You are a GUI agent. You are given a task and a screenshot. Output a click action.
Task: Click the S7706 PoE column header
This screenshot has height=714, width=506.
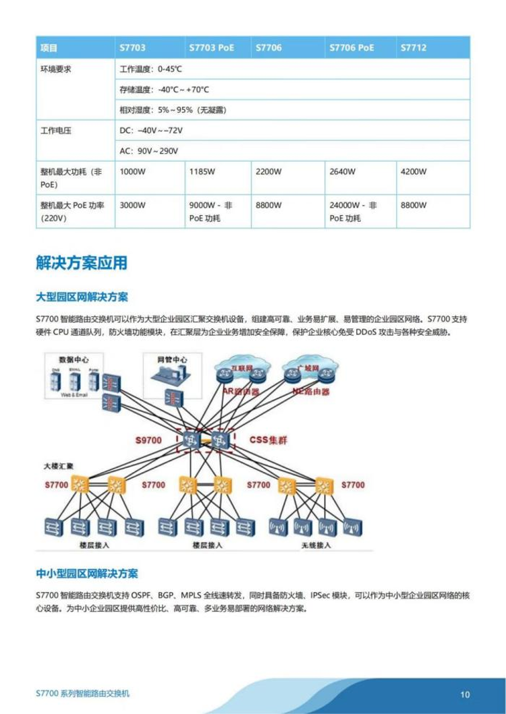[351, 49]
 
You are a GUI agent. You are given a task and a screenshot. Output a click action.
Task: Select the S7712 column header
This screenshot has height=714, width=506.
[413, 49]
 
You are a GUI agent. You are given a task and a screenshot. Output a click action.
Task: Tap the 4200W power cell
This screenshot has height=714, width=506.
[414, 171]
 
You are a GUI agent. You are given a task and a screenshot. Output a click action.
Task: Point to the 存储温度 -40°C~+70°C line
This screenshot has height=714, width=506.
[164, 90]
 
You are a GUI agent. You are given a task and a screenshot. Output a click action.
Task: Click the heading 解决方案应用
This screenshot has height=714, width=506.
[81, 263]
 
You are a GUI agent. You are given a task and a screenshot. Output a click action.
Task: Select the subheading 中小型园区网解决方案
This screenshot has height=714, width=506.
[87, 574]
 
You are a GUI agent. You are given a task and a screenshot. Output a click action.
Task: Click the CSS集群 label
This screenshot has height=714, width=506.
[269, 441]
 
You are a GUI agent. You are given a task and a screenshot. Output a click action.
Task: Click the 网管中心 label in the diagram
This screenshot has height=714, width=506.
[171, 360]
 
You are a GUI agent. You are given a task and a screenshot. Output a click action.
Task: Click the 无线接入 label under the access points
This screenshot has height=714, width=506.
[314, 545]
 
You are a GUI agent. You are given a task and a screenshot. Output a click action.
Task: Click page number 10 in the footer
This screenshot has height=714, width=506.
[465, 694]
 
